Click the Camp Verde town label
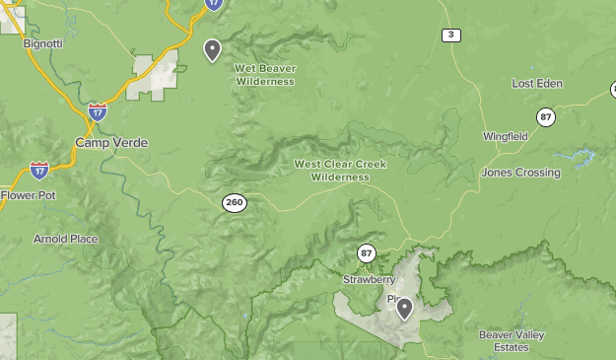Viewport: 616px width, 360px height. tap(111, 143)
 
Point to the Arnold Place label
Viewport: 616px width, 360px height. tap(66, 239)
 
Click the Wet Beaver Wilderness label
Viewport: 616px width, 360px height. tap(265, 75)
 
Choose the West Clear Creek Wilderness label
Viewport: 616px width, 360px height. tap(340, 171)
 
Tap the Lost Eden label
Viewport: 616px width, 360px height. tap(537, 84)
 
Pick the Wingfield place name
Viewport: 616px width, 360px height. tap(505, 136)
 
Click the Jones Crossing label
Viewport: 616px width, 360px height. tap(520, 173)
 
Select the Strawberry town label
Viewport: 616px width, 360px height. tap(369, 280)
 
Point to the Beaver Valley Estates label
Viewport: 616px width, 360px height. tap(512, 340)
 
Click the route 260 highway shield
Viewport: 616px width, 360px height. tap(234, 203)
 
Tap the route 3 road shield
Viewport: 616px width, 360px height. tap(451, 36)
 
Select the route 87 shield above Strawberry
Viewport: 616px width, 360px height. tap(367, 253)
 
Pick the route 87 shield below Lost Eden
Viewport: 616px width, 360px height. tap(545, 117)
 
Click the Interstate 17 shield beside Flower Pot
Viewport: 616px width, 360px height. tap(39, 171)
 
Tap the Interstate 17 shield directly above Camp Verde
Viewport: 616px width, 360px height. tap(97, 111)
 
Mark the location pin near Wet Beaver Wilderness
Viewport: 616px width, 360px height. tap(212, 49)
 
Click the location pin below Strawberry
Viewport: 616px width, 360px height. tap(404, 309)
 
